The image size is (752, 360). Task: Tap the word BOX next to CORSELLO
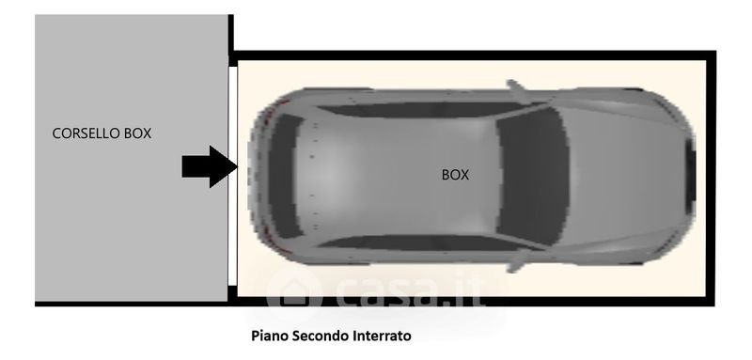(x=137, y=133)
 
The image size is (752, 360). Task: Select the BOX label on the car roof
(x=455, y=176)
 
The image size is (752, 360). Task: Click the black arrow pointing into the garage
(x=210, y=166)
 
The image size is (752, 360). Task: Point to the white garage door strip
(x=232, y=176)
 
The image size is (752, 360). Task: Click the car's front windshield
(x=532, y=177)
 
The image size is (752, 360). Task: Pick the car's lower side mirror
(x=517, y=261)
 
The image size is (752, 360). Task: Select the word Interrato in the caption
(x=383, y=336)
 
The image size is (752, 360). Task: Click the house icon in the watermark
(x=293, y=291)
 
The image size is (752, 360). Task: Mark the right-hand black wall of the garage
(x=712, y=179)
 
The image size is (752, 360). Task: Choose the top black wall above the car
(x=473, y=55)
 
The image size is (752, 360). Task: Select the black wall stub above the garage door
(x=231, y=40)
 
